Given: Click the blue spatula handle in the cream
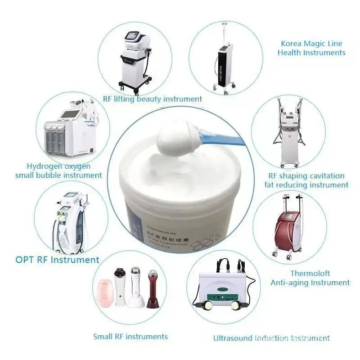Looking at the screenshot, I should coord(220,137).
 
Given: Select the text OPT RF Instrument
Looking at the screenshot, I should coord(57,260).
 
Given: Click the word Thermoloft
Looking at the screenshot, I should coord(310,273).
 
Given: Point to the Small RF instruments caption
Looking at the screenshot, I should coord(130,336).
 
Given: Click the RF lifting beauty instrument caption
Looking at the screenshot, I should coord(152,99).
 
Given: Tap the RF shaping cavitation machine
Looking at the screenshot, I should coord(290,135).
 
